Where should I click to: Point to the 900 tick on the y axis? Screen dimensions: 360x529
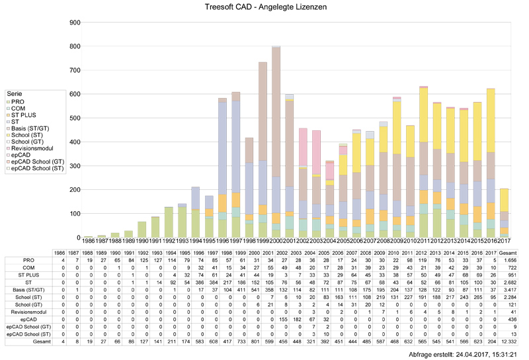tap(75, 22)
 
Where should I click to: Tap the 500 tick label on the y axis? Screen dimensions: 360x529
tap(75, 118)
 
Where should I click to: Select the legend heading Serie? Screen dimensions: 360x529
tap(14, 95)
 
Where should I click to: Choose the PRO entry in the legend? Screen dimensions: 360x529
tap(17, 101)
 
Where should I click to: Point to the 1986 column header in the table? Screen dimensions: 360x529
tap(59, 253)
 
